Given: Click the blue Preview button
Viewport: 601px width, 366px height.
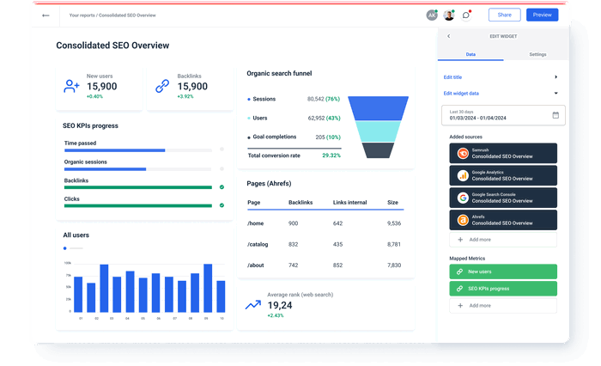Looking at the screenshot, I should (542, 15).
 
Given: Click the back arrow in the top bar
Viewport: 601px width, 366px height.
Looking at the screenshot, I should (46, 15).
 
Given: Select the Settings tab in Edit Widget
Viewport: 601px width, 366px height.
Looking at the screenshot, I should (537, 54).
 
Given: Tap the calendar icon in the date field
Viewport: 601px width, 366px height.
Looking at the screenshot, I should (555, 115).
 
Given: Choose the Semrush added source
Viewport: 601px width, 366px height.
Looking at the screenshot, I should (502, 153).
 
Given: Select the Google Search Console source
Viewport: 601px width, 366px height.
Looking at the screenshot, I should (502, 197).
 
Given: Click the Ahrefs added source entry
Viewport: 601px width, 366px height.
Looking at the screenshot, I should (502, 219).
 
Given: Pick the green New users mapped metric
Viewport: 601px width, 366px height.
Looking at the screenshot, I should (502, 271).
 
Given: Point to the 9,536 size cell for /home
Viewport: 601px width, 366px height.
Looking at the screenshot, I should (393, 223).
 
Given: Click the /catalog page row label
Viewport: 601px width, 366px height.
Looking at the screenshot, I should (258, 244).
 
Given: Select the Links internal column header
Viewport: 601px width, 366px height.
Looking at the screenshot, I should (349, 202).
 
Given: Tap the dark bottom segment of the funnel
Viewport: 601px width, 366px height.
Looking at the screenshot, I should (378, 150).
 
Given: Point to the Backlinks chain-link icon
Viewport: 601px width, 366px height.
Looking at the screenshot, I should (162, 86).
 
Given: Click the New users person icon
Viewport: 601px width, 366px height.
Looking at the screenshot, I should (72, 86).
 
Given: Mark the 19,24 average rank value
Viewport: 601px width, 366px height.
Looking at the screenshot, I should (280, 305).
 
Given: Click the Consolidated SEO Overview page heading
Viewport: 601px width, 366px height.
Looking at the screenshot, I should (112, 46).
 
